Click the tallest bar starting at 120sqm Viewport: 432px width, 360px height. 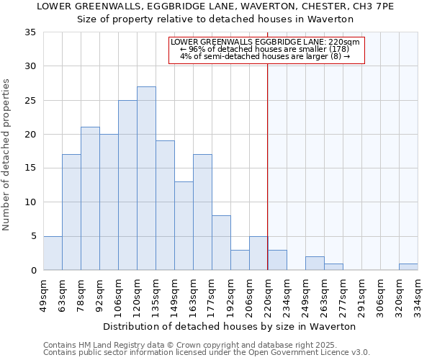coord(146,179)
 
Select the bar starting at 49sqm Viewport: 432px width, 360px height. coord(53,253)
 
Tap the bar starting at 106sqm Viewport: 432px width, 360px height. coord(127,185)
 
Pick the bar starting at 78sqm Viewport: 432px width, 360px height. coord(90,199)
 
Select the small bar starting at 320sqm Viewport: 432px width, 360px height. coord(408,267)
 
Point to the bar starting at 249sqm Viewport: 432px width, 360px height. coord(315,264)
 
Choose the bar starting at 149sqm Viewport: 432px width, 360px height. coord(184,226)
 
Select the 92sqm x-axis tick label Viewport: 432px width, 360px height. coord(99,295)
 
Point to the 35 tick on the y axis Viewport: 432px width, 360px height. coord(30,32)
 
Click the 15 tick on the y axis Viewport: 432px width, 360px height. coord(30,168)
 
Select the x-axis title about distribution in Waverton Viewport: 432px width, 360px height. coord(230,326)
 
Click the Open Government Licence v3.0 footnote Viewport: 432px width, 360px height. coord(207,353)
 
